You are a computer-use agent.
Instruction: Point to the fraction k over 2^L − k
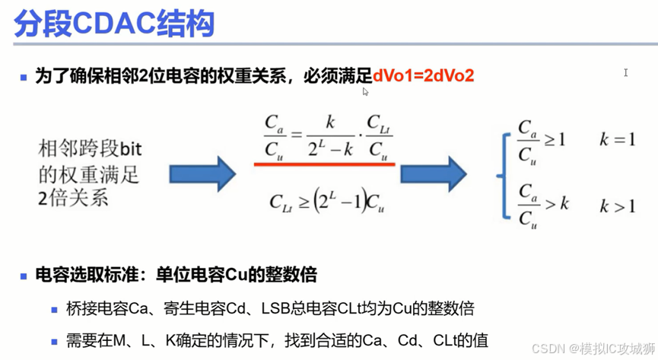tap(330, 135)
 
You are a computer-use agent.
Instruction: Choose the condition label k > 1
tap(617, 205)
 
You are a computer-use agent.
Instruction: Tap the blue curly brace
tap(501, 175)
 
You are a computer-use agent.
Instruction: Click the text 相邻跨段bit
tap(91, 147)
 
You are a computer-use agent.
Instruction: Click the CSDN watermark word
tap(546, 349)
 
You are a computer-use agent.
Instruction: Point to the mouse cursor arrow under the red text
tap(365, 91)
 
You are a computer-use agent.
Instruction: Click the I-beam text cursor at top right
tap(625, 73)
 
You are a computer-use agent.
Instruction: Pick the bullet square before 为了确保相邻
tap(24, 77)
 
